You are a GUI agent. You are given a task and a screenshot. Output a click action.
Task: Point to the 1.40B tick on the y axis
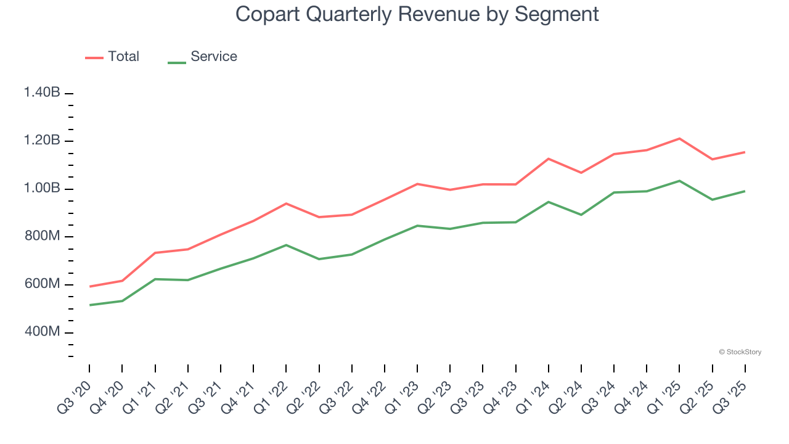click(x=42, y=92)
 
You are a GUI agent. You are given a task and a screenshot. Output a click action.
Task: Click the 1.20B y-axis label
click(x=42, y=141)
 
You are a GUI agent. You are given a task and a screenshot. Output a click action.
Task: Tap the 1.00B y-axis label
click(x=42, y=188)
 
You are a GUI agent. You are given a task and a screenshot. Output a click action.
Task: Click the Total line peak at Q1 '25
click(x=679, y=138)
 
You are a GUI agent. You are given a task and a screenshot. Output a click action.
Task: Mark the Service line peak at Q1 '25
click(x=679, y=181)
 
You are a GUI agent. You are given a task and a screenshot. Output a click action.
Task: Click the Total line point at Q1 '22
click(x=286, y=203)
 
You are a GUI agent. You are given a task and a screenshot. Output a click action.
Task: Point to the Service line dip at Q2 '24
click(x=581, y=215)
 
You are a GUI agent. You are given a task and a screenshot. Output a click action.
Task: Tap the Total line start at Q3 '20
click(x=89, y=287)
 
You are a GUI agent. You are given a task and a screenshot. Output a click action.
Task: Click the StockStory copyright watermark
click(x=740, y=352)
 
